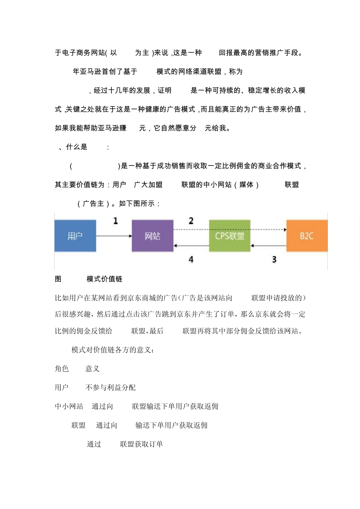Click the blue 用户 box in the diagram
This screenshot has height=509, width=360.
75,236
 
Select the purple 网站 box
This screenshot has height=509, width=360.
152,236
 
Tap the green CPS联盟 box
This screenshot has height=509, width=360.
230,236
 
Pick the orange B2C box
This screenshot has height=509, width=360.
307,236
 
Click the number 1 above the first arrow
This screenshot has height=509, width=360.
116,221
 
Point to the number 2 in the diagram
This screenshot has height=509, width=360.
191,221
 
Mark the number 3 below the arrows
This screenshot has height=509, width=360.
274,259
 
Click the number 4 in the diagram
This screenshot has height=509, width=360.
191,259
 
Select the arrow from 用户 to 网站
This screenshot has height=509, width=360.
114,236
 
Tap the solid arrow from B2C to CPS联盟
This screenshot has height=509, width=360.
268,246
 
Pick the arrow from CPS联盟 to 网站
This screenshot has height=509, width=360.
191,246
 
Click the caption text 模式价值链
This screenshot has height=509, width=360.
104,279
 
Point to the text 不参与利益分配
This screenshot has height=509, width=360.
110,387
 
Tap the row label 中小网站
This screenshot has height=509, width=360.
69,406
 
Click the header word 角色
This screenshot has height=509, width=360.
62,368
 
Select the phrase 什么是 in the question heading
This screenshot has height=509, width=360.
77,147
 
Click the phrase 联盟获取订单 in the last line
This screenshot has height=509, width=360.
141,444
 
